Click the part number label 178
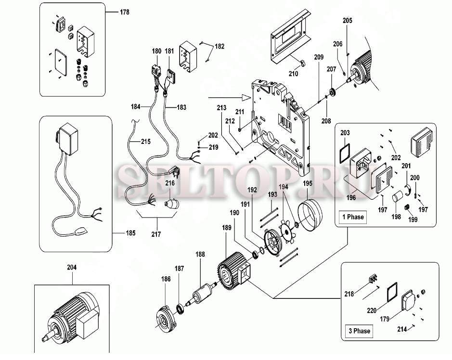point(125,12)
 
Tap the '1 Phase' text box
point(353,217)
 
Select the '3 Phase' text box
point(359,331)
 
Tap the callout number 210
point(293,74)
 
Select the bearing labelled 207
point(332,91)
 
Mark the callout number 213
point(221,108)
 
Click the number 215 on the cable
point(145,142)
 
